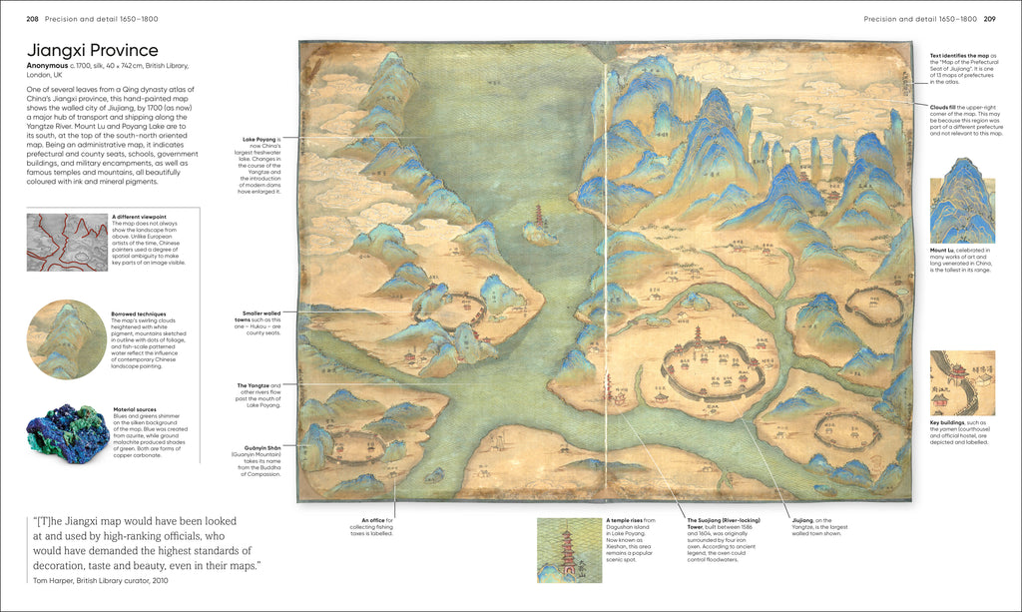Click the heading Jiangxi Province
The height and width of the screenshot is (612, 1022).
(x=92, y=50)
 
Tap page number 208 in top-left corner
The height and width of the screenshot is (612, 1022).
(x=32, y=19)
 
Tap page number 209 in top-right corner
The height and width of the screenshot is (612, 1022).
(x=989, y=19)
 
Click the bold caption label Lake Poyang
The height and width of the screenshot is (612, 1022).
(x=258, y=139)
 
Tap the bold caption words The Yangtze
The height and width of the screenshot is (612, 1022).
(x=253, y=384)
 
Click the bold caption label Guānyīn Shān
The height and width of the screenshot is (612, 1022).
(x=257, y=448)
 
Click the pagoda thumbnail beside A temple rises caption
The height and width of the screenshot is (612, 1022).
(x=568, y=549)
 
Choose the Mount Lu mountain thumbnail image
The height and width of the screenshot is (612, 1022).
(x=961, y=208)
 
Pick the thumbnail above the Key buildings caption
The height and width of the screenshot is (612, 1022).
(x=961, y=383)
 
